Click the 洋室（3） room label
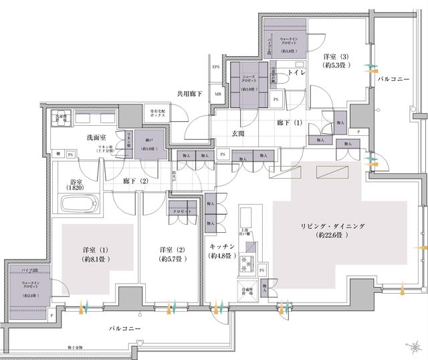(x=334, y=58)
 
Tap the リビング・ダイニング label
(x=332, y=227)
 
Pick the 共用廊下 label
(x=190, y=94)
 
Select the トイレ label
(x=296, y=72)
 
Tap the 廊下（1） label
(x=271, y=124)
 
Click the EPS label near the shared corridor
(x=216, y=68)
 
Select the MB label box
(x=218, y=94)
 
